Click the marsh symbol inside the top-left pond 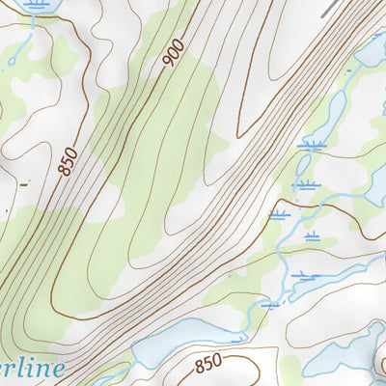click(x=36, y=5)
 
